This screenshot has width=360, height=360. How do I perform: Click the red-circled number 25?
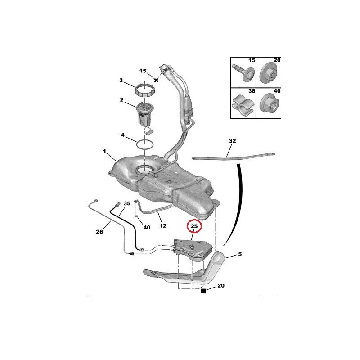194,227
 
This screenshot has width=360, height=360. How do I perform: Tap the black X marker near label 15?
156,80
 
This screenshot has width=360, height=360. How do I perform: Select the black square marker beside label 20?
203,291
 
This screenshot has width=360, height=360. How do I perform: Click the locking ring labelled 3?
145,91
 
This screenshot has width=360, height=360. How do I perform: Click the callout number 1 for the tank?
105,151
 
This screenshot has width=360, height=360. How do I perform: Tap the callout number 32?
232,141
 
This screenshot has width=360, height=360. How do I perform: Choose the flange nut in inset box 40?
269,104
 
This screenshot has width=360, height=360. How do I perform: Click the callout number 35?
127,203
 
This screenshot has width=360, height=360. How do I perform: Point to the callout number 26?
99,232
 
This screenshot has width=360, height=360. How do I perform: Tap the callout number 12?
163,226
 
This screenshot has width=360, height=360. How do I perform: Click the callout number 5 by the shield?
240,254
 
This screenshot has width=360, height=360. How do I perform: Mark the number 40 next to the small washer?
147,227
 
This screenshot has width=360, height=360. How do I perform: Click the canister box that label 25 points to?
193,250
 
